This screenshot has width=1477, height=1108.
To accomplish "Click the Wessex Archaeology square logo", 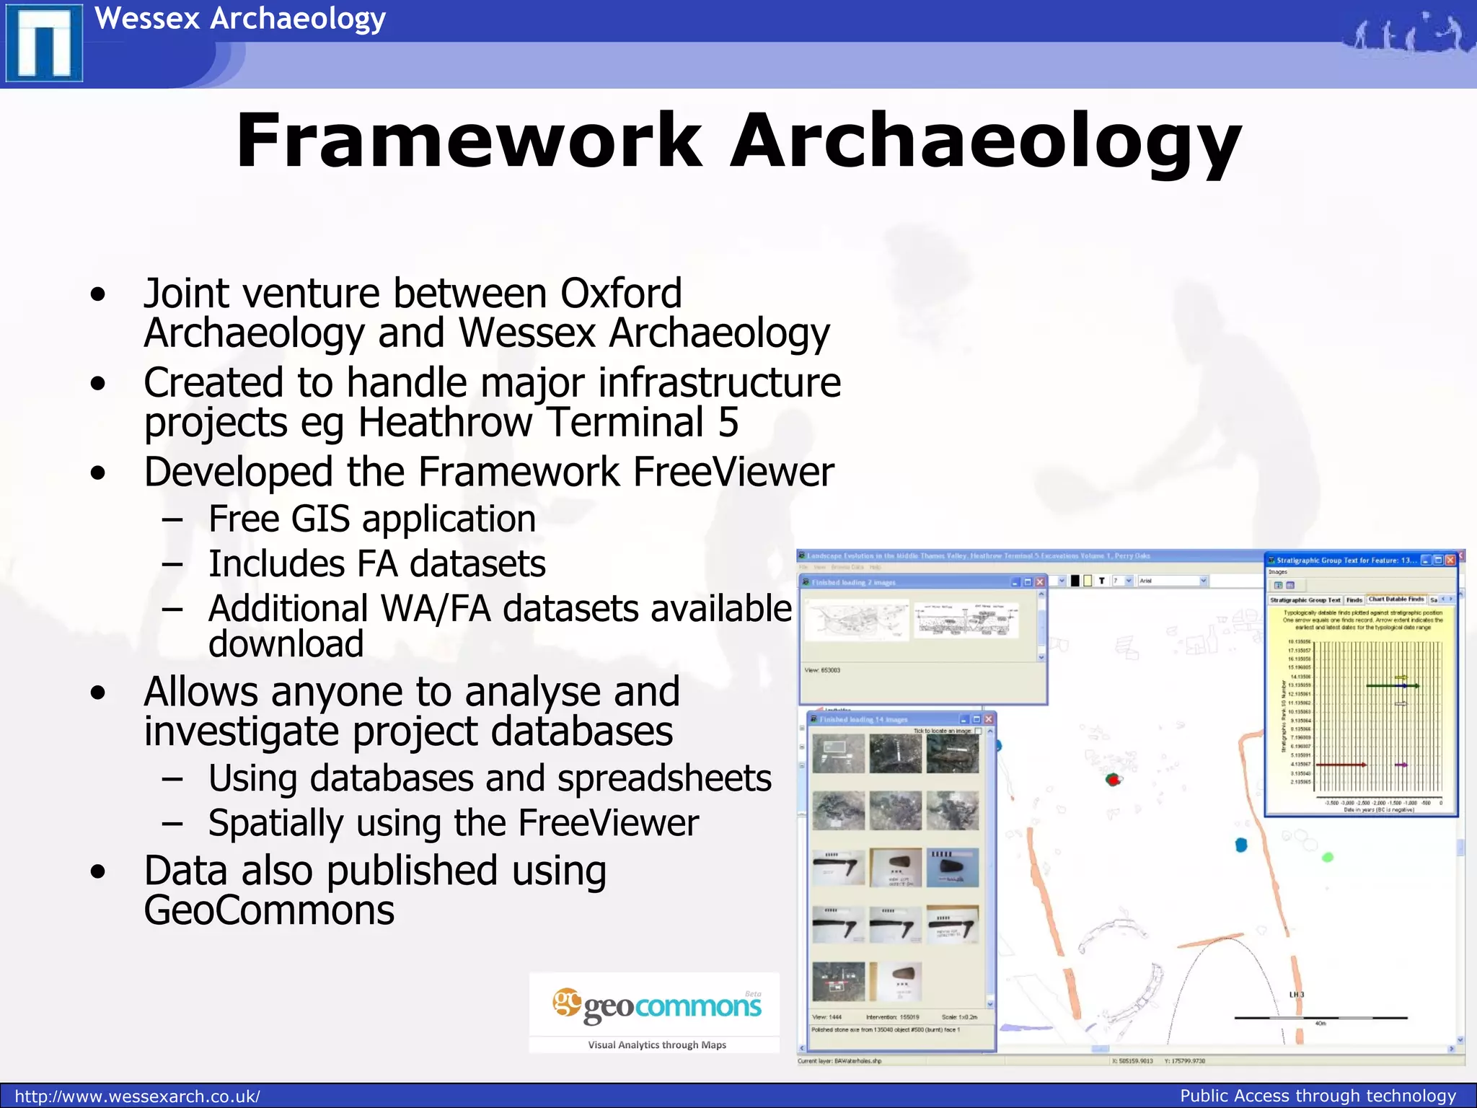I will click(44, 43).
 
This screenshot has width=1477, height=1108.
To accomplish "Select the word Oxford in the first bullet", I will click(621, 294).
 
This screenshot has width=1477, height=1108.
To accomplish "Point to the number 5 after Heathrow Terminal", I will click(728, 422).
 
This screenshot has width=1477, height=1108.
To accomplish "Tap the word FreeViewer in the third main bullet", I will click(733, 472).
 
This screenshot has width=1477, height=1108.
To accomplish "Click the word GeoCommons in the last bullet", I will click(269, 910).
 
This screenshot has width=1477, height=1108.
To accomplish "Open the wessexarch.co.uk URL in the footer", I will click(137, 1096).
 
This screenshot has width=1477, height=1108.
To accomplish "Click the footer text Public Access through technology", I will click(1318, 1096).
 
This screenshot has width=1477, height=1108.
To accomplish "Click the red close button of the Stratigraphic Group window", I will click(1450, 560).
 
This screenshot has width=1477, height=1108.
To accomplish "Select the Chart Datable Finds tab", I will click(1396, 599).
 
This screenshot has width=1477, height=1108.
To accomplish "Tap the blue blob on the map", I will click(1241, 845).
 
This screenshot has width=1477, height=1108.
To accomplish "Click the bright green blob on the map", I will click(1328, 857).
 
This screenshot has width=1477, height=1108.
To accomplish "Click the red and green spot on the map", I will click(1114, 779).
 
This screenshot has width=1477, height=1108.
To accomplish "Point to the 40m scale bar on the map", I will click(1321, 1018).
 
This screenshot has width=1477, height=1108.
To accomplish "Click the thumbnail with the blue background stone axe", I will click(953, 867).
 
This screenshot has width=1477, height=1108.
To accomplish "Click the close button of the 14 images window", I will click(989, 719).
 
